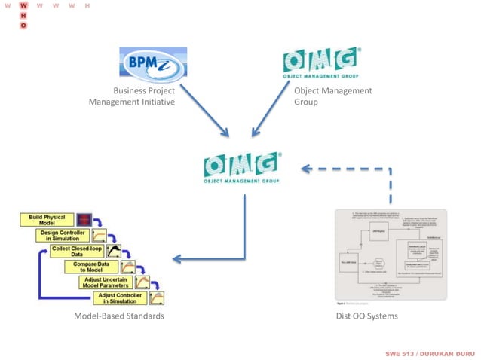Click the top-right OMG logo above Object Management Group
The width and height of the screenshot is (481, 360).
click(x=321, y=65)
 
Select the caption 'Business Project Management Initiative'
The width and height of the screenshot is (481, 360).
click(x=133, y=96)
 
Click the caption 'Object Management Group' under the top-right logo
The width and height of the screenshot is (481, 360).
click(x=332, y=96)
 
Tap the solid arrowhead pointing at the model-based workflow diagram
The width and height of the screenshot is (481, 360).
click(x=178, y=259)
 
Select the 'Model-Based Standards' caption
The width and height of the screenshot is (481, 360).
click(x=118, y=316)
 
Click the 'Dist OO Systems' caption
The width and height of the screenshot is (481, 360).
click(x=366, y=316)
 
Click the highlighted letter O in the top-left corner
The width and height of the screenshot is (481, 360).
click(x=23, y=25)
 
